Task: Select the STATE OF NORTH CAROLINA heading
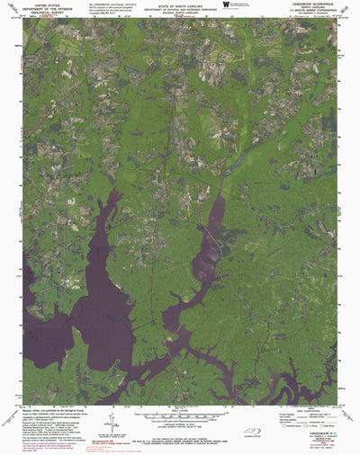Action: (180, 5)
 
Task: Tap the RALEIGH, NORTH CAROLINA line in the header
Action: (180, 14)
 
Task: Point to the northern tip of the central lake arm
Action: (220, 199)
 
